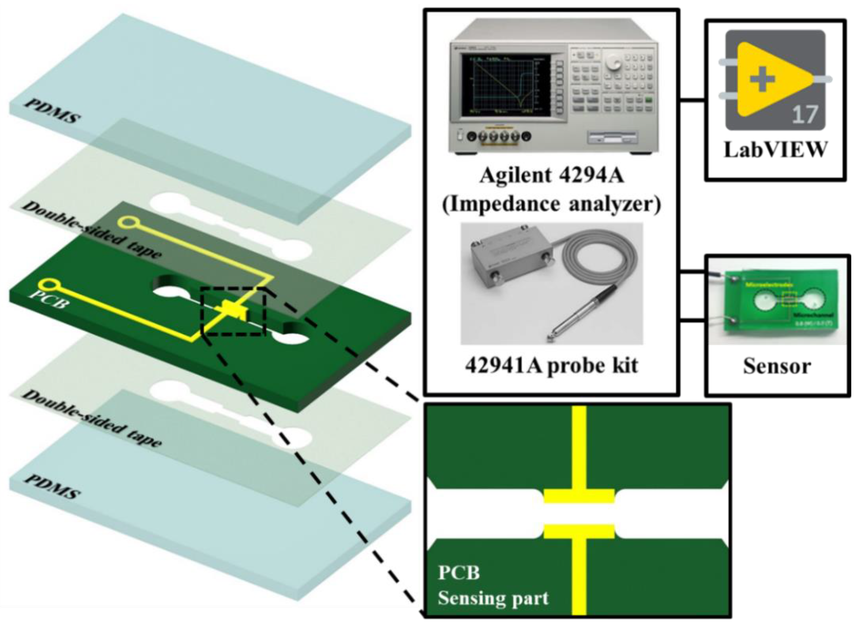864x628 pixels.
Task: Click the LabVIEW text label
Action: pyautogui.click(x=776, y=150)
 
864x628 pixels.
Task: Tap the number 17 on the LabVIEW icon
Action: pyautogui.click(x=805, y=114)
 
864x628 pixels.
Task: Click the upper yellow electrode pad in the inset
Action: pyautogui.click(x=579, y=496)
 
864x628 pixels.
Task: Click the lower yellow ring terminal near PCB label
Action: pyautogui.click(x=48, y=284)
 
